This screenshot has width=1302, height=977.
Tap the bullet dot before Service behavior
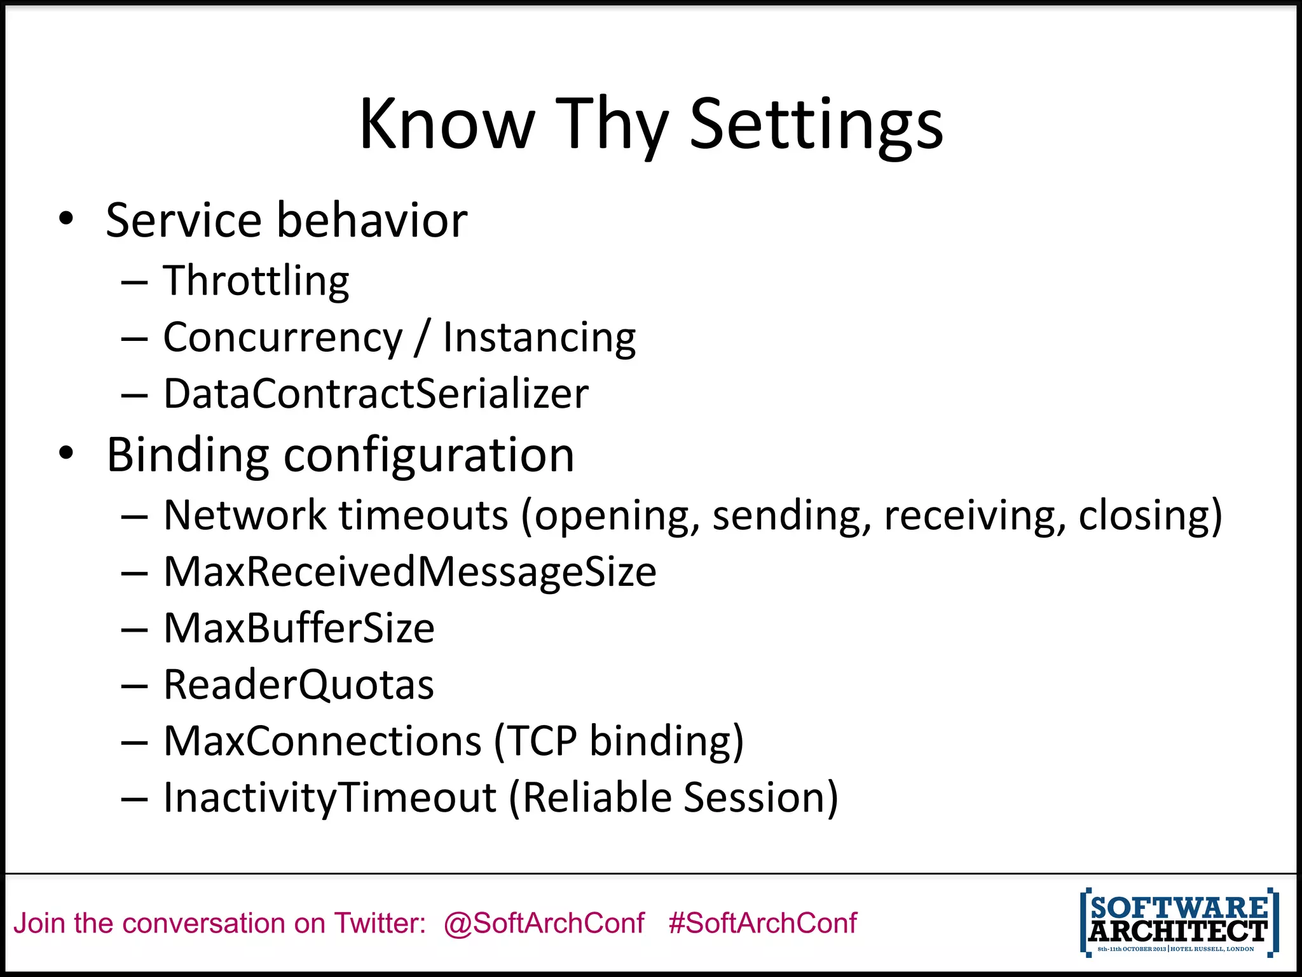coord(66,219)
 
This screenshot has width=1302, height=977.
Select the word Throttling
coord(256,281)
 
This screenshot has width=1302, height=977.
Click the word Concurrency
coord(283,338)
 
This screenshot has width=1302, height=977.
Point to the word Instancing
coord(539,338)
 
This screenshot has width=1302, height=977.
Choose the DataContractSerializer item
coord(376,394)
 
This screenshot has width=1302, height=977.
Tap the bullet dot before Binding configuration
coord(66,454)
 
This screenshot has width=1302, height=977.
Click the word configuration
coord(428,455)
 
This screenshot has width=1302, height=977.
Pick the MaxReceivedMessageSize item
coord(410,572)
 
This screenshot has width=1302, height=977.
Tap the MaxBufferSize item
coord(299,628)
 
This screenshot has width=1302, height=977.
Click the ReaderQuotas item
coord(299,685)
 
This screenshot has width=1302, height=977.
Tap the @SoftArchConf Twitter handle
coord(544,923)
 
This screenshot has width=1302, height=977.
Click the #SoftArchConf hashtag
coord(762,923)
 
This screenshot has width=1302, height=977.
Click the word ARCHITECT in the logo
coord(1178,932)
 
